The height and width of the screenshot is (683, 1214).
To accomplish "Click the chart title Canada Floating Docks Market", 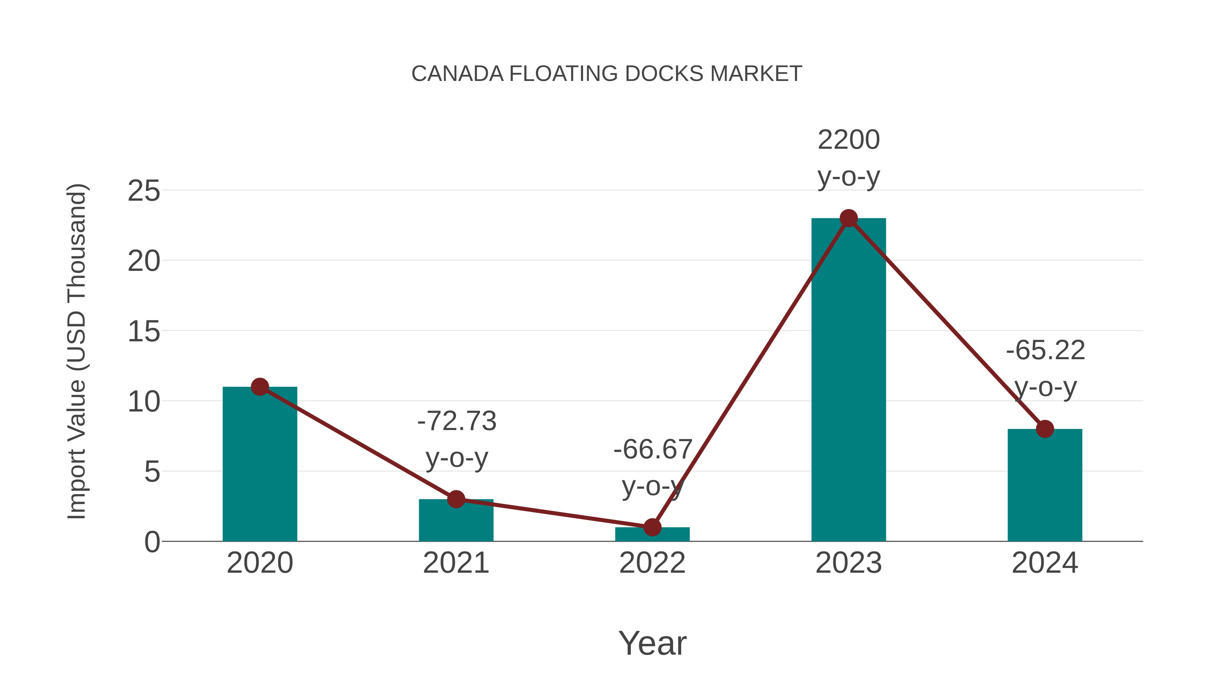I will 607,74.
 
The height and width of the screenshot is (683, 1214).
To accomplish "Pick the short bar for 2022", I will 652,535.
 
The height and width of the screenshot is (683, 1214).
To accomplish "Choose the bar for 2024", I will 1044,485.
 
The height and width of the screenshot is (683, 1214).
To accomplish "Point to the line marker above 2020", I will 260,387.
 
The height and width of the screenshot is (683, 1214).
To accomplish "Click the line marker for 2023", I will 848,218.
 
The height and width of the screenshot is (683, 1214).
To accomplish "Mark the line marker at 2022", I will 652,527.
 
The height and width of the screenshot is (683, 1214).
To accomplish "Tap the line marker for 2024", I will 1044,429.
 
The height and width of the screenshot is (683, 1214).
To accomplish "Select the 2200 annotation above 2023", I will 848,140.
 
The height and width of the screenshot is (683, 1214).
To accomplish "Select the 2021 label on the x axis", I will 456,563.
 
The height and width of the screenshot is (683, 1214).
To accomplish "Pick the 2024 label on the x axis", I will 1044,563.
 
